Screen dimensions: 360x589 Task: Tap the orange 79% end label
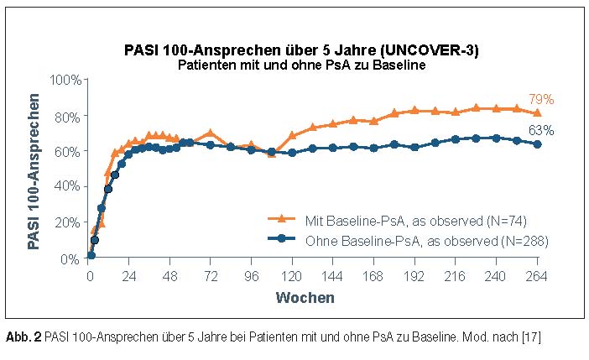point(541,99)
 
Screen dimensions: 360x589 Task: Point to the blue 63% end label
point(541,129)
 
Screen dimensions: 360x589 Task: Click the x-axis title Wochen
point(306,297)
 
